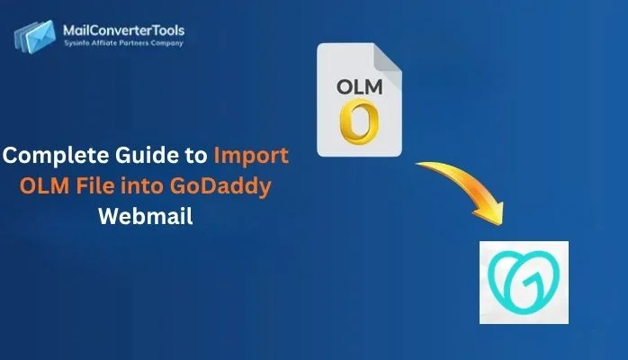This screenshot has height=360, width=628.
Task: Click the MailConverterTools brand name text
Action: (124, 31)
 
